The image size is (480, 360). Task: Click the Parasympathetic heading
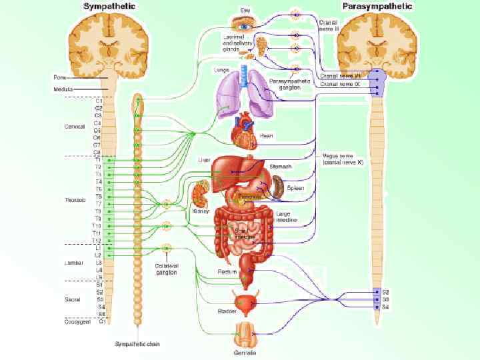pos(377,6)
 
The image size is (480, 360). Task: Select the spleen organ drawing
pos(277,187)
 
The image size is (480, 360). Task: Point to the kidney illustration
pos(199,196)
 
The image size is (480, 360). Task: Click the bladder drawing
pos(245,303)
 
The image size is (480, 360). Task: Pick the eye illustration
pos(247,25)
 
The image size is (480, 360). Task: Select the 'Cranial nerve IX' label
pos(341,85)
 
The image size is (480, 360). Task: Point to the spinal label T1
pos(98,160)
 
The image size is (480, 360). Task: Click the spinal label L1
pos(98,248)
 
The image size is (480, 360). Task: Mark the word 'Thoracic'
pos(74,200)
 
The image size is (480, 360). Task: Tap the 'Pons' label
pos(59,77)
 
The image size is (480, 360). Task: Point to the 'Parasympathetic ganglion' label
pos(287,84)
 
